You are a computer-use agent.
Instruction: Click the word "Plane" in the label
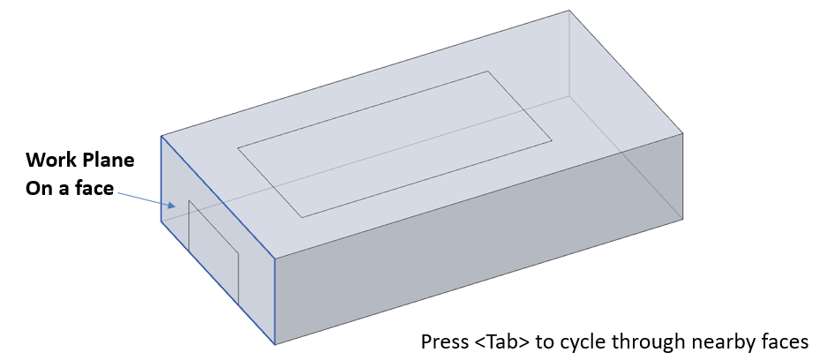109,160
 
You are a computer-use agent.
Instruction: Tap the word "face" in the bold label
94,188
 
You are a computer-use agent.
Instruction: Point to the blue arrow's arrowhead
170,205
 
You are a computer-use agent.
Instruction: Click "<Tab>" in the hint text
502,341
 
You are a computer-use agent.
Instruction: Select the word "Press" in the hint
445,341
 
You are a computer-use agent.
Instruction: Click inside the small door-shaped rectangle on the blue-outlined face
214,251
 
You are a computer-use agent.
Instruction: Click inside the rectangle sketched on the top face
395,144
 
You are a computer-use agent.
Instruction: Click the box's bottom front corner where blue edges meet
275,344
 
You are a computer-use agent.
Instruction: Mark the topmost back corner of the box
568,10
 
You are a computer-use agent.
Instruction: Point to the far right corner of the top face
682,133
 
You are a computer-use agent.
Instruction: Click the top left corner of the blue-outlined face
161,136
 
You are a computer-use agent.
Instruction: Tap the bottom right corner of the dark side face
682,220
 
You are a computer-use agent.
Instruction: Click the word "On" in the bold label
36,188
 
